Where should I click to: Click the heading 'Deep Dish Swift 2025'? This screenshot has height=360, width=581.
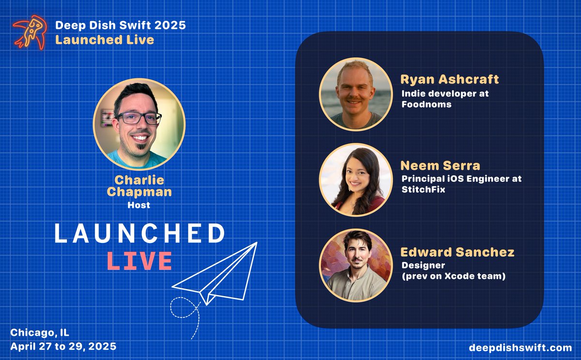tap(120, 25)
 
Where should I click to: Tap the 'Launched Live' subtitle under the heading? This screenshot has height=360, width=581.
tap(105, 40)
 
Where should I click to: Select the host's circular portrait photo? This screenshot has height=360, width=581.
tap(139, 124)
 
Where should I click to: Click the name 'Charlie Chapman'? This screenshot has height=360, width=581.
tap(139, 186)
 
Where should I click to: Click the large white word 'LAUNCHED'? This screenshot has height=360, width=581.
tap(139, 234)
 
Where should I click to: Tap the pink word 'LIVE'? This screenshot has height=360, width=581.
tap(139, 261)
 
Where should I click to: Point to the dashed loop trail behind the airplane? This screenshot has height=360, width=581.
tap(186, 312)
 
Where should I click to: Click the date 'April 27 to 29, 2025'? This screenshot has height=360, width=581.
tap(63, 347)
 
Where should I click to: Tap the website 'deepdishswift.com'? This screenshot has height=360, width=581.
tap(520, 347)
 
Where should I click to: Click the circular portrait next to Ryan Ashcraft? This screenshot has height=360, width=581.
tap(356, 94)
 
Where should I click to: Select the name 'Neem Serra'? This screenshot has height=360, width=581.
tap(440, 165)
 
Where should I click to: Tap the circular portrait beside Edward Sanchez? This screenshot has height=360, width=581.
tap(356, 265)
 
